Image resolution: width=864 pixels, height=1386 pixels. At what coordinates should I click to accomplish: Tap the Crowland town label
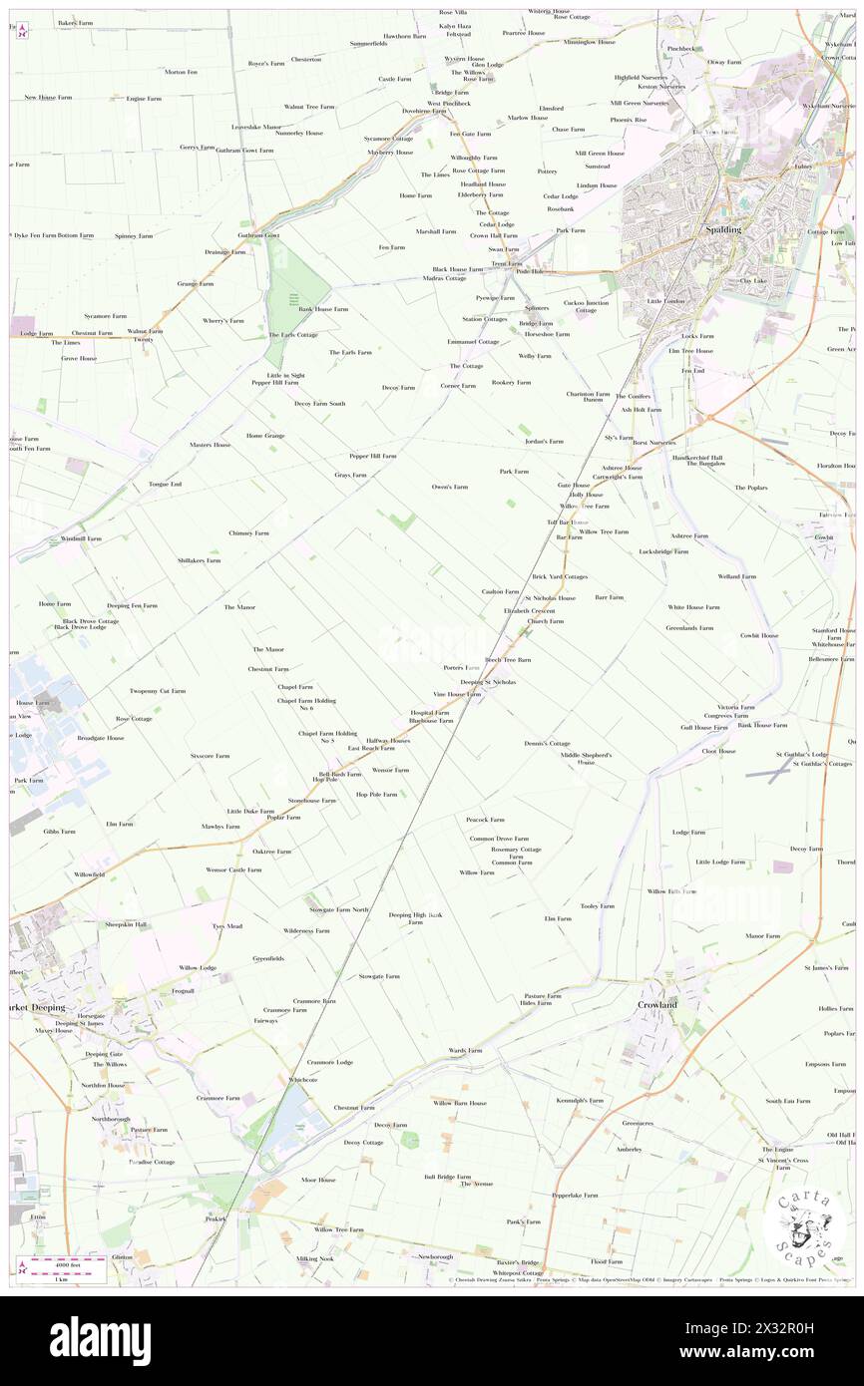[657, 1005]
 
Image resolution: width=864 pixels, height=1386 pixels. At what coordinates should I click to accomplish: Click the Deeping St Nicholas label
[488, 682]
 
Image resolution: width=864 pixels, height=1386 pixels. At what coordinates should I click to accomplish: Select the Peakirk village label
[216, 1218]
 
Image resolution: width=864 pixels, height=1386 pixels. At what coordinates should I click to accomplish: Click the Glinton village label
[122, 1257]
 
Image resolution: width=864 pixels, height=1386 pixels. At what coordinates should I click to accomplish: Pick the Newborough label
[435, 1256]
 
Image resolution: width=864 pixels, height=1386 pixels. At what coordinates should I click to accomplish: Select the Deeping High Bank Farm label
[414, 918]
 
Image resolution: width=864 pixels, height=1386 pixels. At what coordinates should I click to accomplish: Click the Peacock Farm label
[484, 820]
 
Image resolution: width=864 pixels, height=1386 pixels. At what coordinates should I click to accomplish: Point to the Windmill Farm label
[81, 538]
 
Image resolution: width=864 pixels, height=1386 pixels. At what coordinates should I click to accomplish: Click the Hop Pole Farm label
[376, 795]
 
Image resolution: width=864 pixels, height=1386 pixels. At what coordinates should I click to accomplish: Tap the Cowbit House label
[757, 635]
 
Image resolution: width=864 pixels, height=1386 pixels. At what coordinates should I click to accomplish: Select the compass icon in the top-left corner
[22, 31]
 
